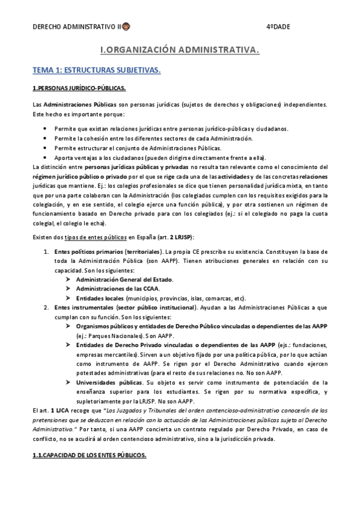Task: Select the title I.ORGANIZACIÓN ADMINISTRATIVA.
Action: coord(180,52)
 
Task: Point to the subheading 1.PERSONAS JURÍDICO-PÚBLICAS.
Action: coord(79,88)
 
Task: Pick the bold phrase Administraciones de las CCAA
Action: coord(117,289)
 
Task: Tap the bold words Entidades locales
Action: coord(100,298)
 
